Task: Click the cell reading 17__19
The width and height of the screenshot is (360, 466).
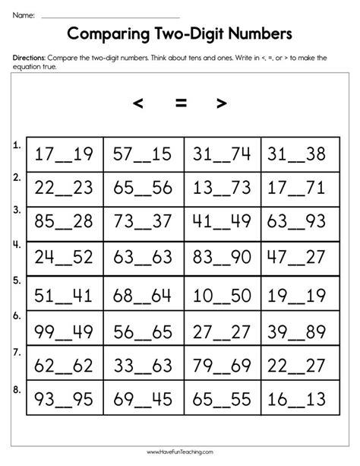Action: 65,155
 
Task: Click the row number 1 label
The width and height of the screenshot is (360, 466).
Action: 16,143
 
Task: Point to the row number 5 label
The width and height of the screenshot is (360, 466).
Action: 16,279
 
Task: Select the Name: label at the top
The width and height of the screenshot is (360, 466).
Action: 24,14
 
